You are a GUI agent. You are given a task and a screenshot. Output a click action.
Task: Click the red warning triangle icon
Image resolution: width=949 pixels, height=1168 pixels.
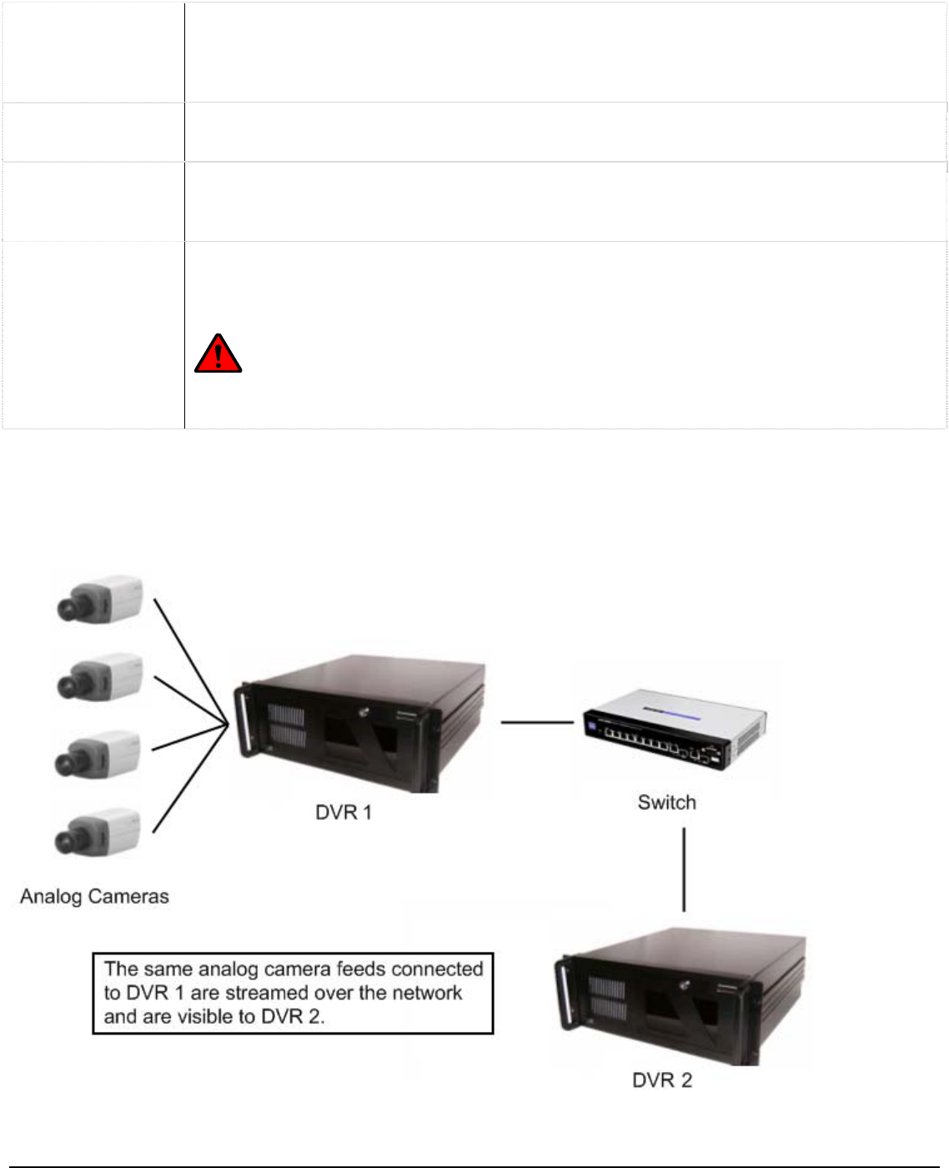218,353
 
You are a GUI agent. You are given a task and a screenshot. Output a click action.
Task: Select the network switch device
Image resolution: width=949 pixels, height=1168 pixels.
675,728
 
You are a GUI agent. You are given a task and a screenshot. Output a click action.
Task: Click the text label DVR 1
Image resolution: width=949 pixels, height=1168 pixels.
343,812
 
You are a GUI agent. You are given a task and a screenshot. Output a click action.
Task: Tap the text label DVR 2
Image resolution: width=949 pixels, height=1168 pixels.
662,1080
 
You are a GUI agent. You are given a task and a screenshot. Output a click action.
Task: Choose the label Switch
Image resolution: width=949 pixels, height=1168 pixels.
666,802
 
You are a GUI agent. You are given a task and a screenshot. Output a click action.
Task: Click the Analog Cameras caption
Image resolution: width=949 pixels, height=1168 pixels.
94,896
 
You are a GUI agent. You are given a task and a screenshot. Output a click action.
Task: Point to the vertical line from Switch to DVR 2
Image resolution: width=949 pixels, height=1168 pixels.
684,869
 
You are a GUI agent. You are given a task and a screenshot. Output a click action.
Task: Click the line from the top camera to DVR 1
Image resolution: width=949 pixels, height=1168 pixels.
190,659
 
